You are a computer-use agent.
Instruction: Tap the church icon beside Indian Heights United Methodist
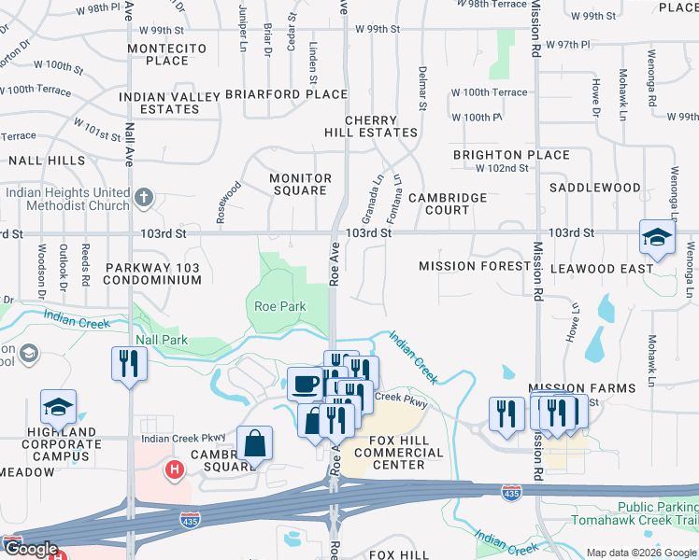[x=142, y=197]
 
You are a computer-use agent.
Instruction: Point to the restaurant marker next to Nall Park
[x=128, y=363]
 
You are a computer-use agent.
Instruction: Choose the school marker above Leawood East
[x=657, y=237]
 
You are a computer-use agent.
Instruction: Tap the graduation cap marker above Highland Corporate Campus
[x=57, y=408]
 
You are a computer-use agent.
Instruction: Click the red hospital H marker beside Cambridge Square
[x=173, y=469]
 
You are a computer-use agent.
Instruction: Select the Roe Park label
[x=280, y=306]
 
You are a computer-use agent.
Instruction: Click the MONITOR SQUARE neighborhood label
[x=300, y=184]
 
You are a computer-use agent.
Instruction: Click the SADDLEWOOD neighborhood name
[x=594, y=188]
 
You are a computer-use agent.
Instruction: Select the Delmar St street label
[x=422, y=88]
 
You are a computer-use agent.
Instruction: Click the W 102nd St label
[x=502, y=169]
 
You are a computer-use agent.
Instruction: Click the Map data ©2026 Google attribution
[x=641, y=553]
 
